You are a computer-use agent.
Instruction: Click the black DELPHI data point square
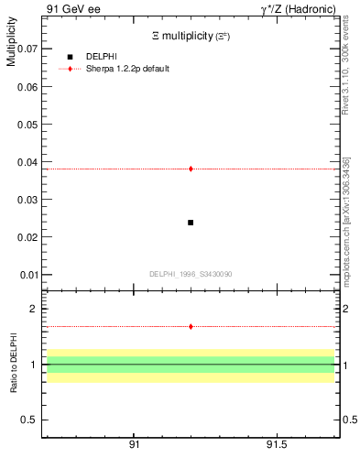point(191,223)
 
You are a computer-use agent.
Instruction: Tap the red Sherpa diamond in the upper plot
point(191,169)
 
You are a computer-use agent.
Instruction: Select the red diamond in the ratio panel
point(191,326)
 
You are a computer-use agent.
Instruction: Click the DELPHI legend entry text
point(101,57)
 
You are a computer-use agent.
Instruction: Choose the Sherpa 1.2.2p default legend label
point(128,69)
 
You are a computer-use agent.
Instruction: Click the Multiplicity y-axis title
point(11,42)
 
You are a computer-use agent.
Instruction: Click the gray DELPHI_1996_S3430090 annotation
point(190,274)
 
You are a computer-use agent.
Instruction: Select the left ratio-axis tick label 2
point(31,309)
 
